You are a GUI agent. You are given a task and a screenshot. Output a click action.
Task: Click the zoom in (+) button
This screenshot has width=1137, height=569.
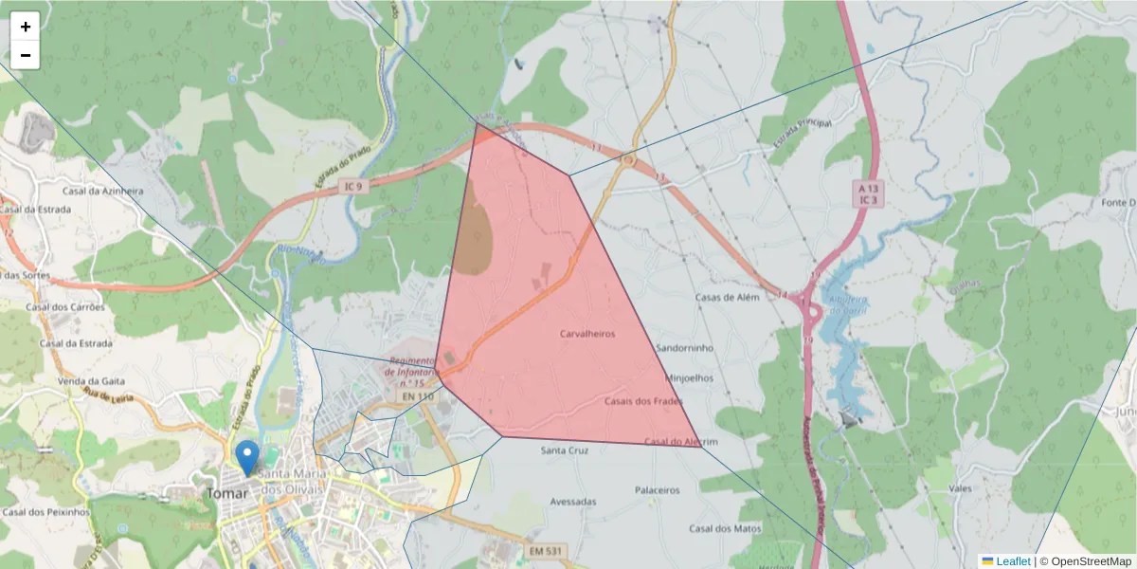tap(26, 27)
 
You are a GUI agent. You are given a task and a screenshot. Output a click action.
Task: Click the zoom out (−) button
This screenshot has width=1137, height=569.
tap(26, 55)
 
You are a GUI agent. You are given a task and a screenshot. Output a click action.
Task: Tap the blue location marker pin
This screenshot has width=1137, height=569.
tap(247, 457)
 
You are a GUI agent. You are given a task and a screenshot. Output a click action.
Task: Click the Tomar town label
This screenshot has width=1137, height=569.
tap(227, 493)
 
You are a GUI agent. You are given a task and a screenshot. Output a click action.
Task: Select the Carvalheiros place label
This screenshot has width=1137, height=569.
tap(587, 334)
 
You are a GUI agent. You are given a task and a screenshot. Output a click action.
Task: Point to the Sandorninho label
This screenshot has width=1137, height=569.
tap(684, 348)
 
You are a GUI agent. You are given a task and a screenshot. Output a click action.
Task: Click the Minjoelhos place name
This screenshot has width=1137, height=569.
tap(691, 377)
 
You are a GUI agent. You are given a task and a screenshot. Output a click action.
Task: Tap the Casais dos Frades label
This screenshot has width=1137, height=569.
tap(643, 401)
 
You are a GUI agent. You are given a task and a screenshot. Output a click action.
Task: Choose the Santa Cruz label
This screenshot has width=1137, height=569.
tap(564, 450)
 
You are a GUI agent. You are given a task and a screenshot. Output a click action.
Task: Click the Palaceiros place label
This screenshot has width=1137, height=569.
tap(658, 490)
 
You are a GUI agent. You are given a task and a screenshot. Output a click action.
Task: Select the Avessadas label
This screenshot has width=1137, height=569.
tap(573, 501)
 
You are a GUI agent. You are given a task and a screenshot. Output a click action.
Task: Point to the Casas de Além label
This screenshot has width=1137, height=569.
tap(728, 297)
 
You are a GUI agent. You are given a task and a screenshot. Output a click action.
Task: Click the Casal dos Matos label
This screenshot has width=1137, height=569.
tap(725, 528)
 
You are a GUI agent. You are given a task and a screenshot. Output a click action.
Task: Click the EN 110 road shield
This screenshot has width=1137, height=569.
tap(417, 395)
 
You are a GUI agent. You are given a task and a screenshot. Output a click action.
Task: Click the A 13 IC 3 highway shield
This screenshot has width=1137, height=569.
tap(864, 195)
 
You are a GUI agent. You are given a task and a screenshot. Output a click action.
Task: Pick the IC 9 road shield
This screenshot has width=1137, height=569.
tap(353, 187)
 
